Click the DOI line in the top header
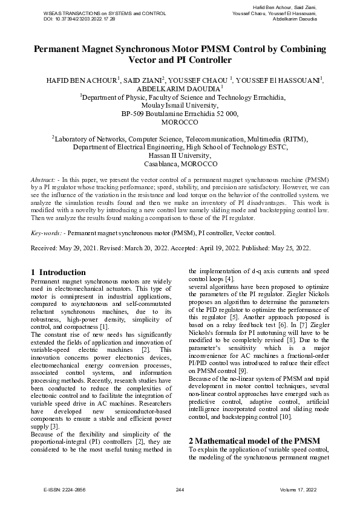click(x=79, y=19)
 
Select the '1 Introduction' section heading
click(x=58, y=272)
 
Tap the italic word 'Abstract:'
click(x=44, y=181)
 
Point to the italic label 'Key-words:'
click(x=47, y=232)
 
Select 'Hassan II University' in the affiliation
click(x=180, y=155)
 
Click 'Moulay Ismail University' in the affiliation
click(x=180, y=105)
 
